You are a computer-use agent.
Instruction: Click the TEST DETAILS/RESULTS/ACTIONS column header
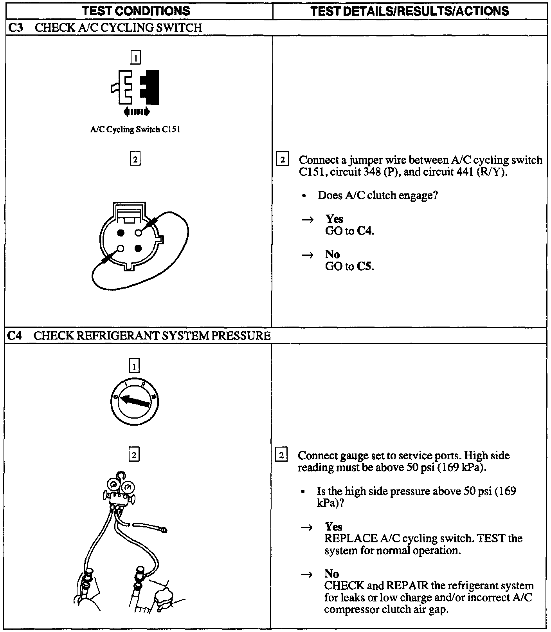(x=410, y=11)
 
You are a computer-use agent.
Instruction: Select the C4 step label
(x=14, y=336)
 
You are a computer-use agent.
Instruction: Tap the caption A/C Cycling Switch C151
(x=135, y=130)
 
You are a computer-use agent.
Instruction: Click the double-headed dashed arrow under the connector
(x=136, y=112)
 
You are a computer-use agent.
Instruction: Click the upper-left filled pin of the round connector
(x=121, y=233)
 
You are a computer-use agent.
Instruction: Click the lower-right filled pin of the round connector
(x=138, y=248)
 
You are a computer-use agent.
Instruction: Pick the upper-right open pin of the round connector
(x=138, y=233)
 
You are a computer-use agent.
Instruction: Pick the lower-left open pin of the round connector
(x=121, y=248)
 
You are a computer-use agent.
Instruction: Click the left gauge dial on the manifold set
(x=114, y=487)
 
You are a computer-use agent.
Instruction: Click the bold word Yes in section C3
(x=334, y=219)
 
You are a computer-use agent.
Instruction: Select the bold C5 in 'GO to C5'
(x=365, y=267)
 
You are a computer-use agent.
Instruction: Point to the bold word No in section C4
(x=331, y=574)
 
